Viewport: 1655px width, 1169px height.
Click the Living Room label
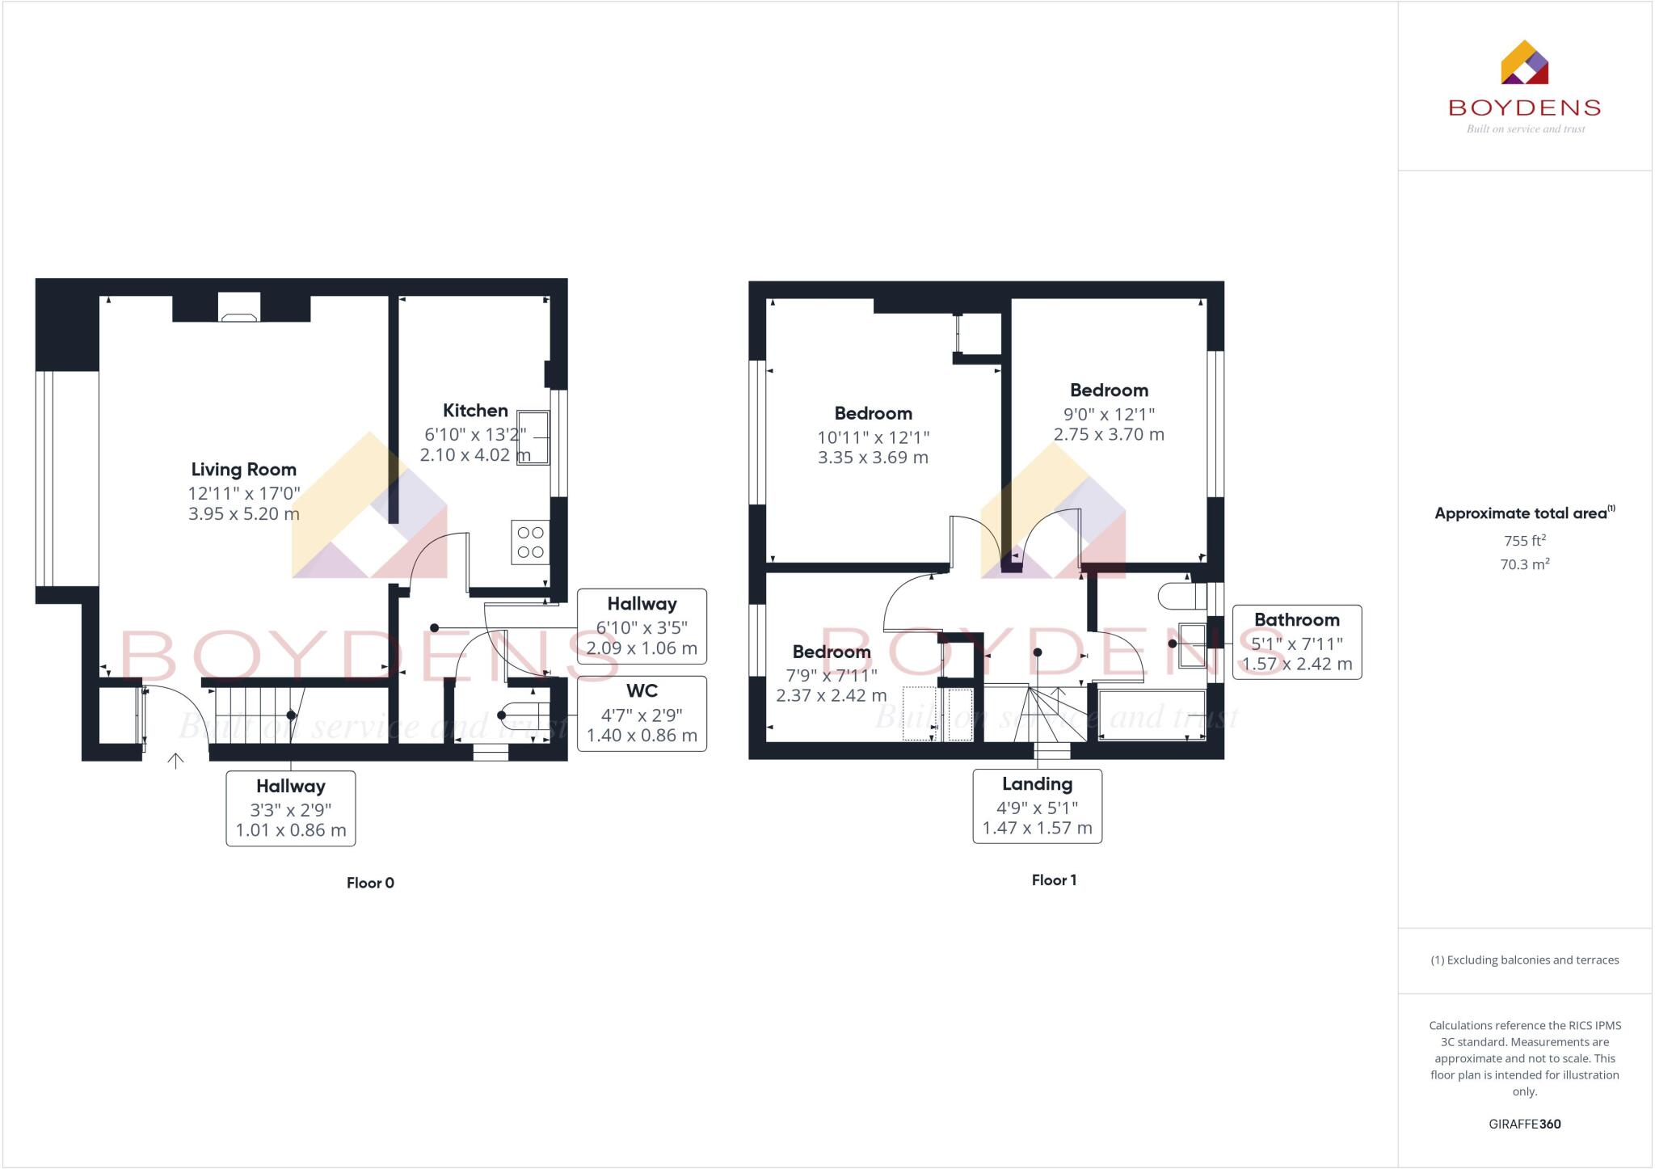click(x=243, y=470)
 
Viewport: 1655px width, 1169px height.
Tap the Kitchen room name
click(x=475, y=411)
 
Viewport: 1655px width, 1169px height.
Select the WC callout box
click(x=642, y=713)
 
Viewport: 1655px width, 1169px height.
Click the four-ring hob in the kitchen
click(x=530, y=542)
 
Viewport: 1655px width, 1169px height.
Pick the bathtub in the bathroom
click(x=1152, y=715)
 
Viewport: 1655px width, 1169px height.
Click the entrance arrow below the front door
click(x=175, y=761)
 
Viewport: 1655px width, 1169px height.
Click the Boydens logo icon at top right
click(x=1524, y=63)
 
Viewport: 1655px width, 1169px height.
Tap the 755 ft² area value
click(x=1524, y=541)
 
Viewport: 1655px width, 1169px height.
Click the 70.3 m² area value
click(x=1524, y=564)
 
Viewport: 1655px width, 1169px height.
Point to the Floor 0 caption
click(x=370, y=883)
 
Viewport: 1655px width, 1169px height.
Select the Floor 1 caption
click(x=1054, y=880)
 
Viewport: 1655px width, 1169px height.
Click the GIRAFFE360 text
click(x=1524, y=1124)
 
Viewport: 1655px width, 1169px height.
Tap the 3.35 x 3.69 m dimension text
click(x=873, y=458)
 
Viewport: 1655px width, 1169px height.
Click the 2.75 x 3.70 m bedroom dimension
click(x=1109, y=434)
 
